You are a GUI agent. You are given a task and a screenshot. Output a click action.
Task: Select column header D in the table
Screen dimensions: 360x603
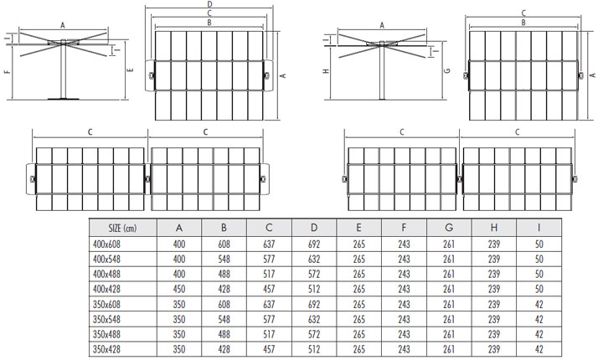313,228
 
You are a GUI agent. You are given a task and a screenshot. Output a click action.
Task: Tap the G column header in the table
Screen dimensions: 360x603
449,228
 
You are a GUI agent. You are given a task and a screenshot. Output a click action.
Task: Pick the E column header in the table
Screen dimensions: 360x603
358,228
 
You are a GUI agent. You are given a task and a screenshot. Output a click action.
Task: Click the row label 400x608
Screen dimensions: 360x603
108,244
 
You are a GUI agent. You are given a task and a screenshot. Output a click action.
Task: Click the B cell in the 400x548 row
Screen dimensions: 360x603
224,258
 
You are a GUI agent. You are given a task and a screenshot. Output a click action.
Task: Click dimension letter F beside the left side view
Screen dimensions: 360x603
7,72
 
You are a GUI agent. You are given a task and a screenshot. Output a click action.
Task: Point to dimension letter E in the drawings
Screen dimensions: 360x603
131,71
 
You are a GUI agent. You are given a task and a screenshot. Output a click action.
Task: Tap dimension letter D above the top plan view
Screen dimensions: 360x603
209,5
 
